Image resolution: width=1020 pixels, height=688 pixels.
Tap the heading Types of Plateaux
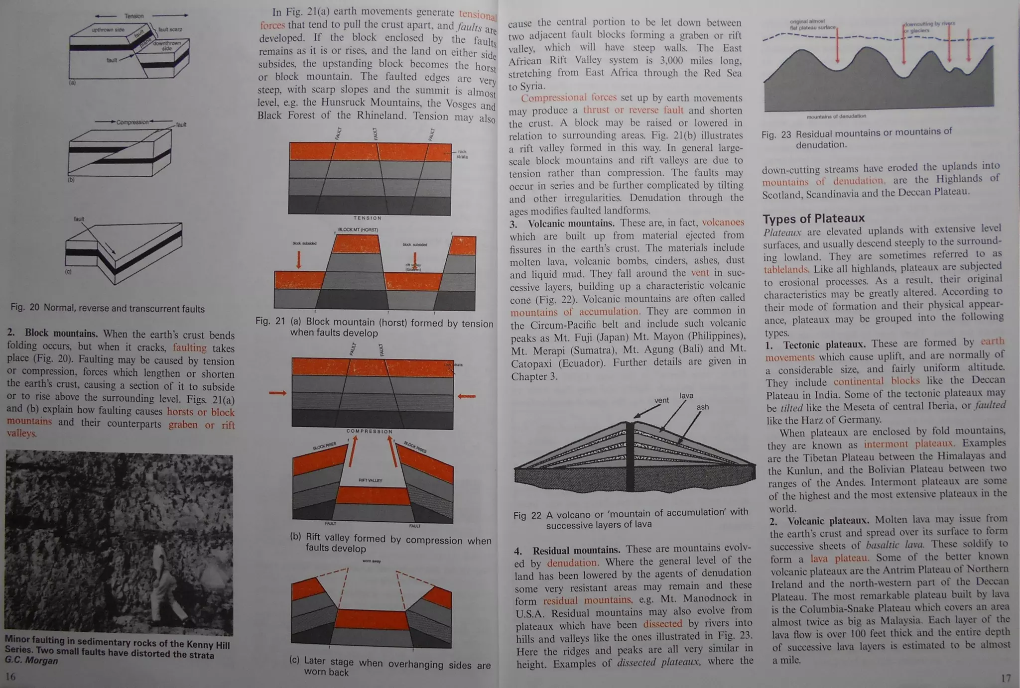(x=813, y=219)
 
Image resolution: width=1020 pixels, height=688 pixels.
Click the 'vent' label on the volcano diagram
(x=661, y=400)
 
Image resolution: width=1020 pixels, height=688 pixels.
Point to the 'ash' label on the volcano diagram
(x=702, y=407)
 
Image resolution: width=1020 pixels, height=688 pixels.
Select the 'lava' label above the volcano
(x=686, y=396)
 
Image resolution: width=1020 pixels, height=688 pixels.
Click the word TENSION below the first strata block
(x=368, y=218)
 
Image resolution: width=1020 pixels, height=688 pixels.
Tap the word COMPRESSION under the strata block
(x=370, y=432)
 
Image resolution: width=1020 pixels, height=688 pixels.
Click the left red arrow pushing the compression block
(x=278, y=393)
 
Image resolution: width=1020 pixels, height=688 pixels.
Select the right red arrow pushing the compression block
(x=466, y=396)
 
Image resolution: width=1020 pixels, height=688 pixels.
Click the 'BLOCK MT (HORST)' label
(x=358, y=230)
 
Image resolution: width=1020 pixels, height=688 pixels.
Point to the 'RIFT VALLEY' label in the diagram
(x=370, y=480)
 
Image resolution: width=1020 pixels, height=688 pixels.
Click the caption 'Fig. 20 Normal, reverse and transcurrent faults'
(x=108, y=308)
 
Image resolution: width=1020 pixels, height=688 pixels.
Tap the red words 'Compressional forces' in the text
(x=568, y=98)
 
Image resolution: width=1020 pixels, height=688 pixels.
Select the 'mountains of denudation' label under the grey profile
(x=836, y=116)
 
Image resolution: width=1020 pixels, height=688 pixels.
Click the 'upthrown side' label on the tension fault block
(x=108, y=30)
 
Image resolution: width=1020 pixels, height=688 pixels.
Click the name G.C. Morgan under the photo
(x=31, y=661)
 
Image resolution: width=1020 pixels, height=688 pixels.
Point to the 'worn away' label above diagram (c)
(x=372, y=561)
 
